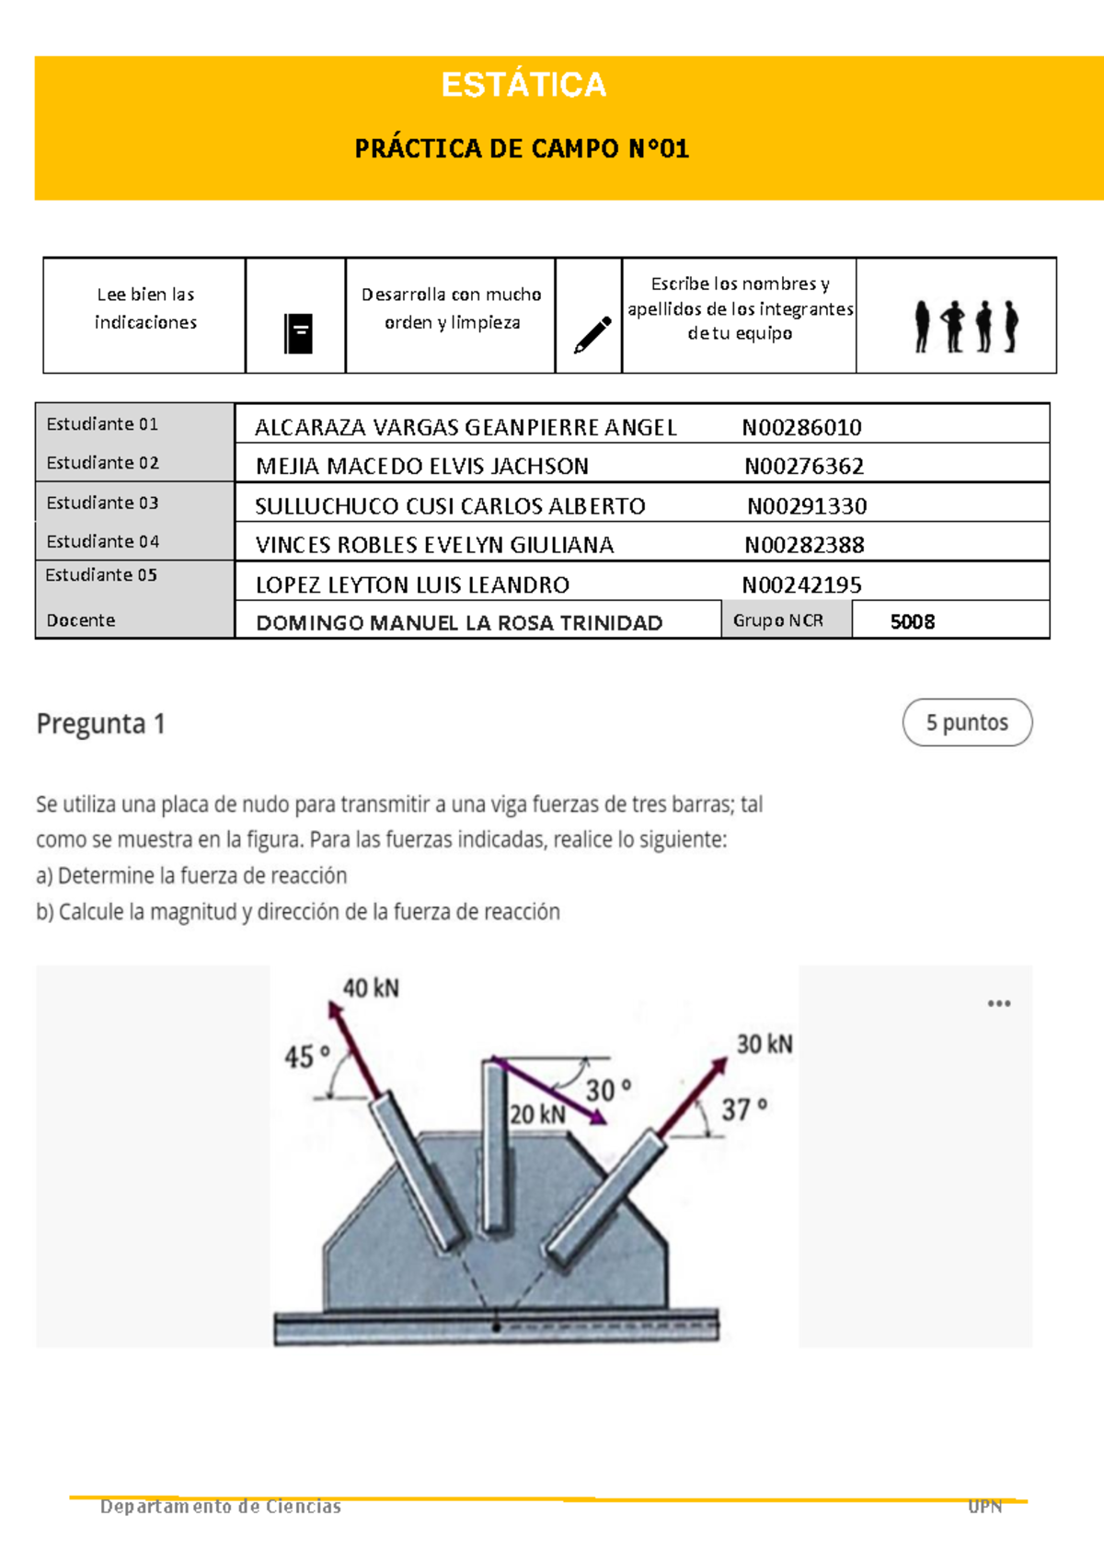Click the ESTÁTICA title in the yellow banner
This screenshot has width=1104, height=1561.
523,85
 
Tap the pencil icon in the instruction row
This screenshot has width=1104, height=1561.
592,335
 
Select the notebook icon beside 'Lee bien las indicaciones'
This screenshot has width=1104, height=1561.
298,333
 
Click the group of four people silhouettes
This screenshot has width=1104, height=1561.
966,326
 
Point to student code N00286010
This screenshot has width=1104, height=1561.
801,427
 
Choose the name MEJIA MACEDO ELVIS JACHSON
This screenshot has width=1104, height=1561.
422,466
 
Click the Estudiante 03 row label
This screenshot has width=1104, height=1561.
102,503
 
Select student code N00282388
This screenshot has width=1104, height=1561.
804,545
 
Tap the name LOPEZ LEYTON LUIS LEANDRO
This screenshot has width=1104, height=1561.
412,584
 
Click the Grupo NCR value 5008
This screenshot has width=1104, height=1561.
912,621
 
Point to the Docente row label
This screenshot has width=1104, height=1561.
81,620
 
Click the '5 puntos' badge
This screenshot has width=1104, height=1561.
967,723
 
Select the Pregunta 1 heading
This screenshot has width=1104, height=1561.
100,724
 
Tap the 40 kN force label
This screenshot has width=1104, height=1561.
371,989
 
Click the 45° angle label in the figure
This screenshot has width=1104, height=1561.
306,1057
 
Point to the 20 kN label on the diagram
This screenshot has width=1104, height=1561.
537,1115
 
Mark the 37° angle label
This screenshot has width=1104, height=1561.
743,1110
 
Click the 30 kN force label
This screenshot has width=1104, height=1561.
764,1044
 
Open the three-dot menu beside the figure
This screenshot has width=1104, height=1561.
999,1003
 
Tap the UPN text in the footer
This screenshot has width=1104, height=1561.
984,1507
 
